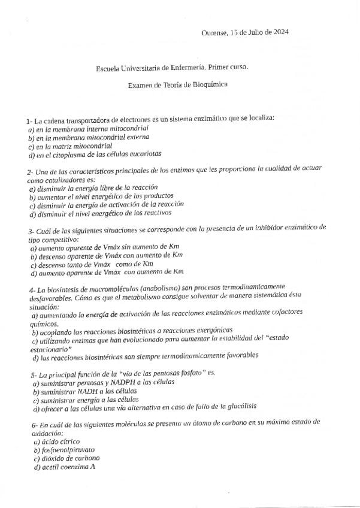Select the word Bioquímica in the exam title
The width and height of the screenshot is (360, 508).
pos(210,85)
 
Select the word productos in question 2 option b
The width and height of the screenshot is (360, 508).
pos(157,196)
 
